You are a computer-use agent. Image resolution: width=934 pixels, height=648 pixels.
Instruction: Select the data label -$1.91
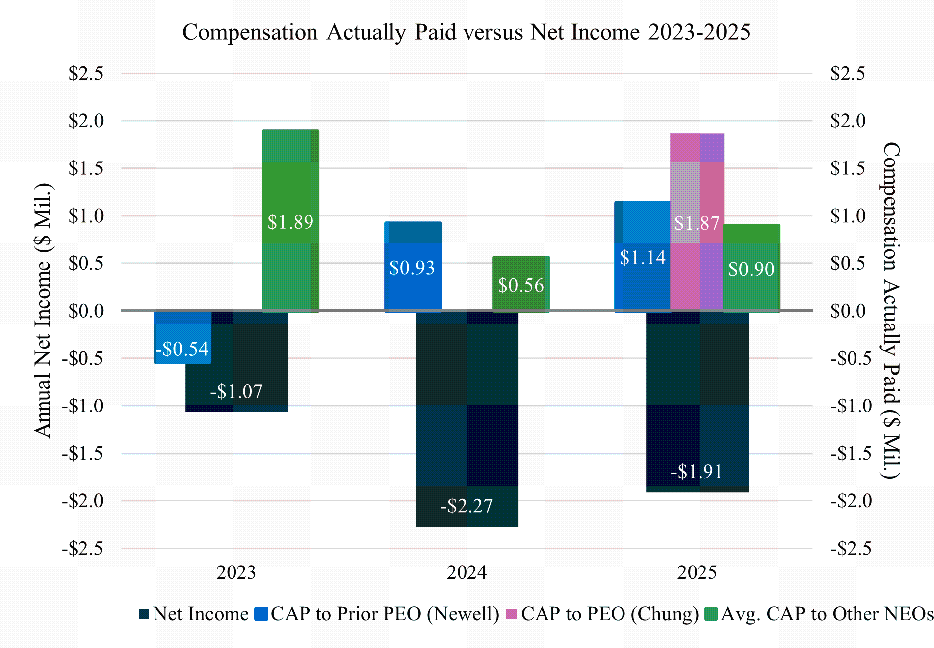pos(697,471)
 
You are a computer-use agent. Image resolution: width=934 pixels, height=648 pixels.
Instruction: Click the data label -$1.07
pos(236,392)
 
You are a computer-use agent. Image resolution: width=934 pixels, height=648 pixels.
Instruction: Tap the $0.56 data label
pos(521,285)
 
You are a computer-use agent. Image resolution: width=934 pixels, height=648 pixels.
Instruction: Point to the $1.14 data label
pos(642,257)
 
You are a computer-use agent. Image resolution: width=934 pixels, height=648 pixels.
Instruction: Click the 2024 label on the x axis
pos(467,572)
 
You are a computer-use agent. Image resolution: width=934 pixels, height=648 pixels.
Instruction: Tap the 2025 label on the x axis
pos(697,572)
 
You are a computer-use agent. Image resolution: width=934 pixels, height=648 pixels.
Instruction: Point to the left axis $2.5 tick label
pos(86,74)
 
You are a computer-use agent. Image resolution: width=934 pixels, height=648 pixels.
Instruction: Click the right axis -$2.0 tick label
pos(851,501)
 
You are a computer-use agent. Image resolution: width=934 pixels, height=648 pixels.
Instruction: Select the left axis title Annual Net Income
pos(44,311)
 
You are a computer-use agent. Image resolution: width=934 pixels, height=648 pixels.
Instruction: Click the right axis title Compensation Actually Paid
pos(891,311)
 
